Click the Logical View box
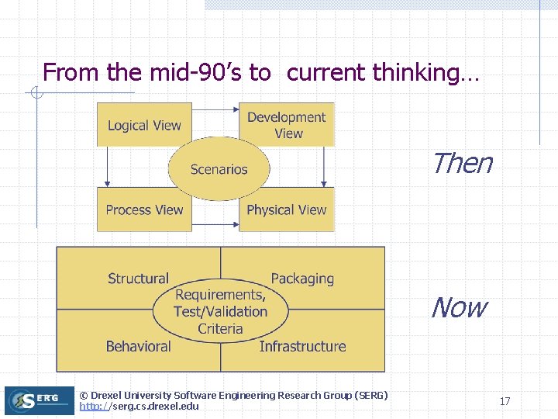tap(143, 125)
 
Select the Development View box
tap(287, 125)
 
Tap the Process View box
tap(143, 209)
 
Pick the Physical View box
tap(287, 209)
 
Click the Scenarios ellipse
tap(219, 169)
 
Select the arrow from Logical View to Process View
tap(106, 166)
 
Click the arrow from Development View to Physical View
tap(323, 166)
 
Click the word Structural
tap(138, 279)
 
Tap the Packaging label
tap(302, 279)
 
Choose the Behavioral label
tap(138, 346)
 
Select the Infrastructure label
tap(302, 346)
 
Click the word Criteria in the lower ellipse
tap(220, 329)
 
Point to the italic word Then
tap(461, 164)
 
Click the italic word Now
tap(459, 308)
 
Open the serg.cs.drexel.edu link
tap(139, 407)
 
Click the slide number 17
tap(505, 401)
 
